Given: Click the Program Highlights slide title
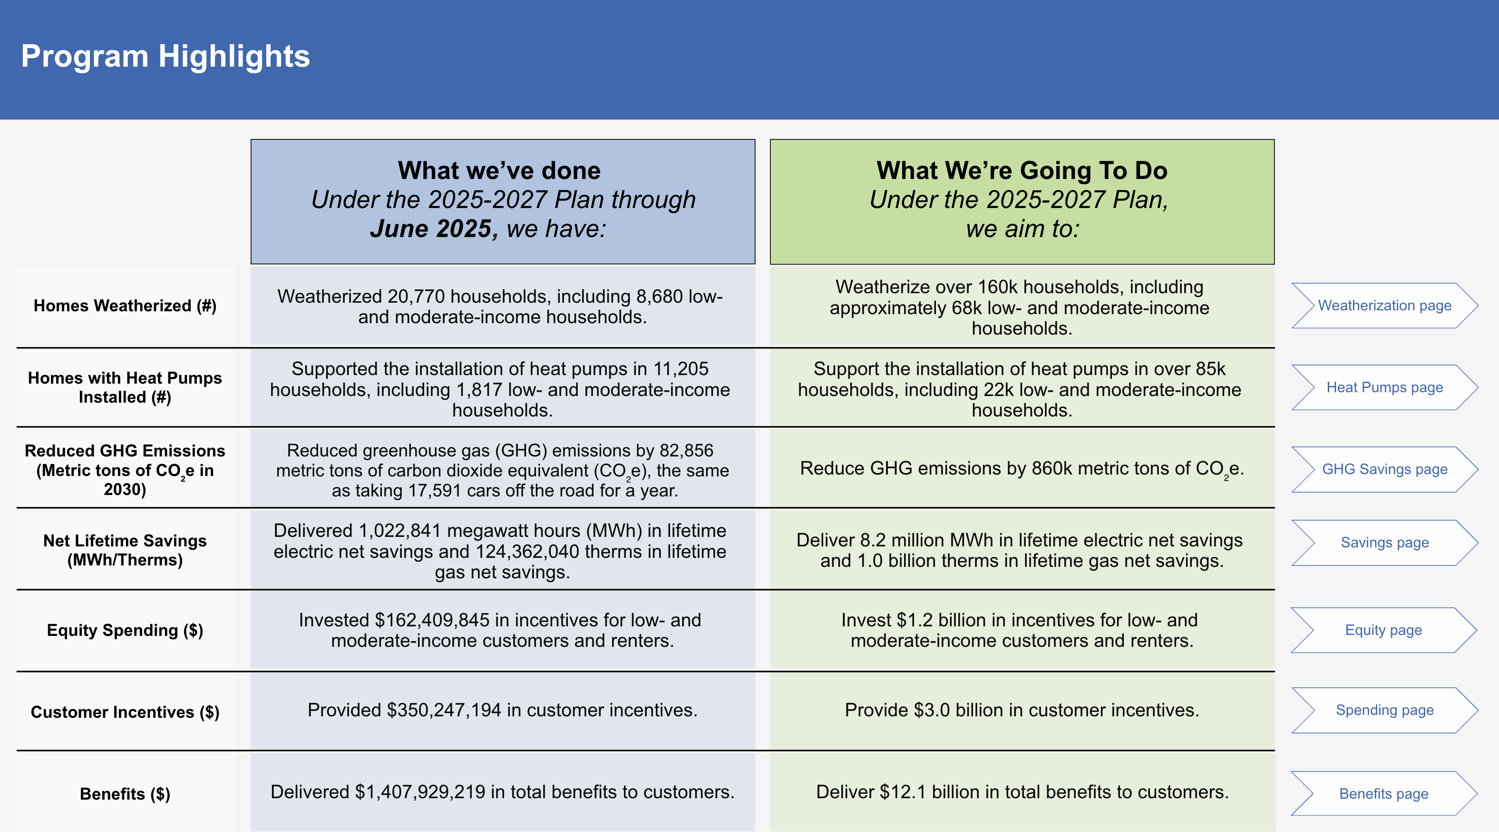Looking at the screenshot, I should coord(165,57).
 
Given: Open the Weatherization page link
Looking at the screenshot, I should coord(1384,306).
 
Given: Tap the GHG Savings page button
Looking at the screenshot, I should coord(1384,469).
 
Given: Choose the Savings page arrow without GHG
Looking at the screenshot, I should coord(1384,543).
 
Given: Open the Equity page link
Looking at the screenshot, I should coord(1383,630).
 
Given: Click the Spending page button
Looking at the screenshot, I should coord(1384,710).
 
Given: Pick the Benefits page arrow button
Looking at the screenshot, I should coord(1383,793).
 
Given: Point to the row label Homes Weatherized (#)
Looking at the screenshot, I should coord(125,306).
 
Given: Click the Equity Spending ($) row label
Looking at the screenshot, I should coord(125,630).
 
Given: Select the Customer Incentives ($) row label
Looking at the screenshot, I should coord(125,712).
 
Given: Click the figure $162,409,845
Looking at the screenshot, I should coord(432,620).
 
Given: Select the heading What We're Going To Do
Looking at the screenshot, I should coord(1022,170).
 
